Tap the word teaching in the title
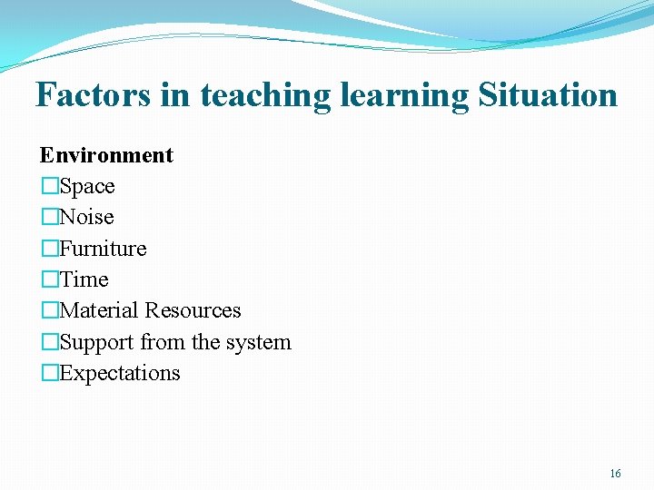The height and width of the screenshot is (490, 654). pyautogui.click(x=263, y=94)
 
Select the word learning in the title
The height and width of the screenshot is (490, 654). pyautogui.click(x=400, y=94)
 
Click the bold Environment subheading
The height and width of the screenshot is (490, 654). pyautogui.click(x=106, y=155)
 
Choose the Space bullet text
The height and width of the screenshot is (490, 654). pyautogui.click(x=87, y=186)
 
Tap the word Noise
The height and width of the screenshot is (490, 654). pyautogui.click(x=86, y=217)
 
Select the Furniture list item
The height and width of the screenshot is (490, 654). pyautogui.click(x=103, y=249)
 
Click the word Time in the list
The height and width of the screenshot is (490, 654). pyautogui.click(x=84, y=279)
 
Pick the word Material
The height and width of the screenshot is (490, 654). pyautogui.click(x=99, y=310)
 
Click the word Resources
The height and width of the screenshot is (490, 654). pyautogui.click(x=193, y=310)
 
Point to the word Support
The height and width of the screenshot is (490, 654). pyautogui.click(x=94, y=342)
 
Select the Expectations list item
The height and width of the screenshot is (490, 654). pyautogui.click(x=120, y=373)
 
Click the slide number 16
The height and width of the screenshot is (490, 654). pyautogui.click(x=615, y=474)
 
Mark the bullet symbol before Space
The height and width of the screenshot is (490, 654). pyautogui.click(x=49, y=187)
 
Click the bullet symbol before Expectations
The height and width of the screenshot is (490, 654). pyautogui.click(x=49, y=374)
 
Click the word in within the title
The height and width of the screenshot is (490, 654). pyautogui.click(x=177, y=94)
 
